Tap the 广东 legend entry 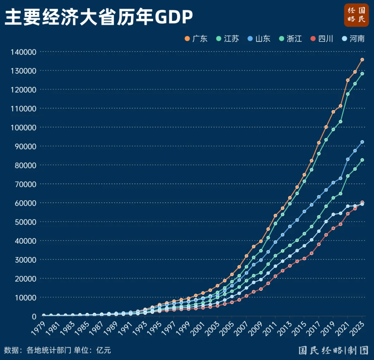point(196,39)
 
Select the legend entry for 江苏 point(228,39)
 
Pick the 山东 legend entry point(259,39)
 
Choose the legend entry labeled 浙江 point(291,39)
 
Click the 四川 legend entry point(322,39)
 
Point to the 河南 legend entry point(353,39)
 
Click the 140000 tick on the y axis point(24,52)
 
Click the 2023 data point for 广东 point(362,60)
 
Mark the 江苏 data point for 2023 point(362,73)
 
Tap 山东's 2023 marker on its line point(362,142)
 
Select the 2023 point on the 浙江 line point(362,160)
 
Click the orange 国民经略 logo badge point(356,15)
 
